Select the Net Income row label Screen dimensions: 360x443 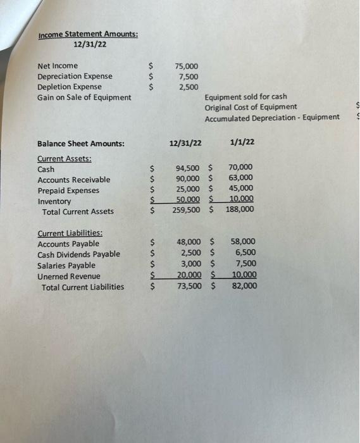(58, 66)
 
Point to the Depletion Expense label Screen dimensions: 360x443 (69, 87)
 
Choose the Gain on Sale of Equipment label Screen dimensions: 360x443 (84, 97)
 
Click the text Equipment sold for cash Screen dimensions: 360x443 (245, 97)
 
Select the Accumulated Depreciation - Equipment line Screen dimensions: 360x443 (271, 118)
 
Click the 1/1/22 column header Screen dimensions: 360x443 (242, 143)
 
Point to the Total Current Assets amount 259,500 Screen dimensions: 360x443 (187, 210)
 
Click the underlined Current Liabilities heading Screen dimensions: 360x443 (70, 233)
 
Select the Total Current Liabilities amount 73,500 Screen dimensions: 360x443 (190, 286)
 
